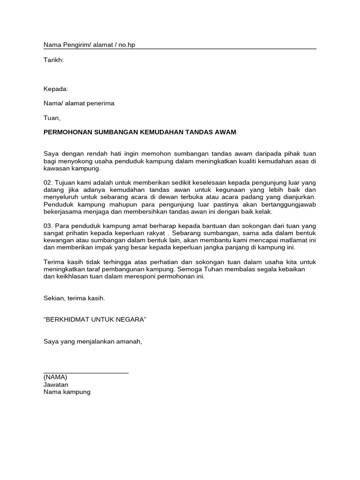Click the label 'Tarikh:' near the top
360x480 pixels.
(x=53, y=60)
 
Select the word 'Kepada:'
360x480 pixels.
(x=56, y=89)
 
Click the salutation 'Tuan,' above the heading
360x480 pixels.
(x=52, y=118)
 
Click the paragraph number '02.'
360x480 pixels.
(x=48, y=182)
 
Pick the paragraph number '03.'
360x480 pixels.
(x=48, y=226)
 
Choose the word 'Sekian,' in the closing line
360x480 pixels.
(x=55, y=298)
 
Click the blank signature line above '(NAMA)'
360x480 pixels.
(x=86, y=373)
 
